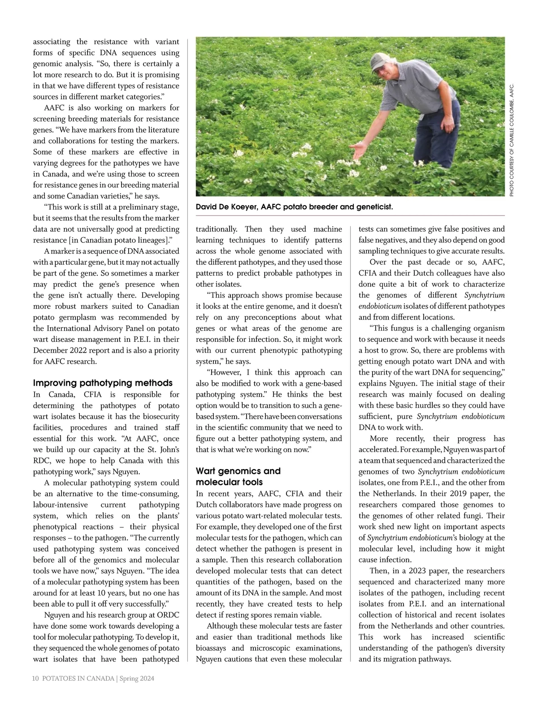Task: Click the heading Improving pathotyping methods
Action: click(x=103, y=383)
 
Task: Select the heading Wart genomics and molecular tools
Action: click(x=238, y=477)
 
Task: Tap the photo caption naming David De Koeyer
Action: click(x=294, y=207)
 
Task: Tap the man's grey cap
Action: click(x=384, y=59)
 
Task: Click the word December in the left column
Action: click(x=50, y=350)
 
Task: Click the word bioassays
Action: click(x=213, y=648)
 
